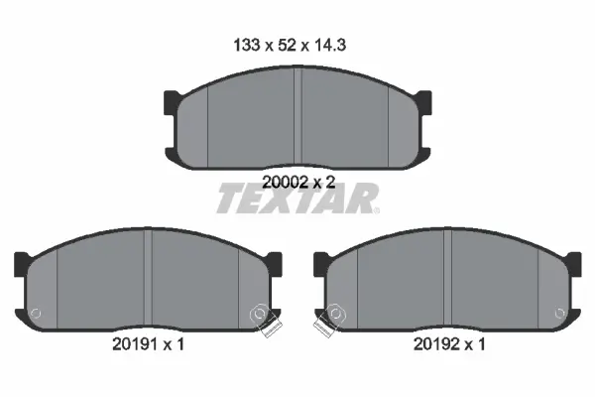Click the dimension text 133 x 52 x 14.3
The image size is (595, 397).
click(290, 46)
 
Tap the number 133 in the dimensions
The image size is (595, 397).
click(246, 46)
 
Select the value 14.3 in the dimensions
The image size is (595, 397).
click(329, 46)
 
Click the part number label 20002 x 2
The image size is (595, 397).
click(298, 183)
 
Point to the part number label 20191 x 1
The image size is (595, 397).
click(148, 344)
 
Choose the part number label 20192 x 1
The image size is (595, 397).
click(449, 344)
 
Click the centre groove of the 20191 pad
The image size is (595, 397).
click(148, 279)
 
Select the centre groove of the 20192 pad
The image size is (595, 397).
click(447, 279)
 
